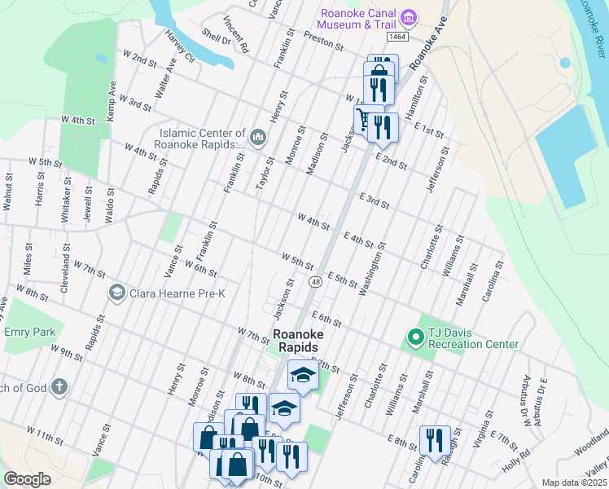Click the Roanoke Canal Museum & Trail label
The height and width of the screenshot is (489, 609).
[357, 18]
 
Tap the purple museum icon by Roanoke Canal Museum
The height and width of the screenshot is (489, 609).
[410, 18]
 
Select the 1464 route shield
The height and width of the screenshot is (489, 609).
[397, 37]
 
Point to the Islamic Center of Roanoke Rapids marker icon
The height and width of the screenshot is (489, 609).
[257, 137]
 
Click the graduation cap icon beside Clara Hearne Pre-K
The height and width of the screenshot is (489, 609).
[116, 292]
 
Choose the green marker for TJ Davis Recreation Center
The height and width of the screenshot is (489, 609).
[414, 336]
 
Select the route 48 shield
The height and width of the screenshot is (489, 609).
[314, 281]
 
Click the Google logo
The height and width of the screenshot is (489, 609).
[27, 478]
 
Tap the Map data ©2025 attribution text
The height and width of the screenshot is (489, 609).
[574, 482]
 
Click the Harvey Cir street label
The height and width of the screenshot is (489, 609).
[180, 48]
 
